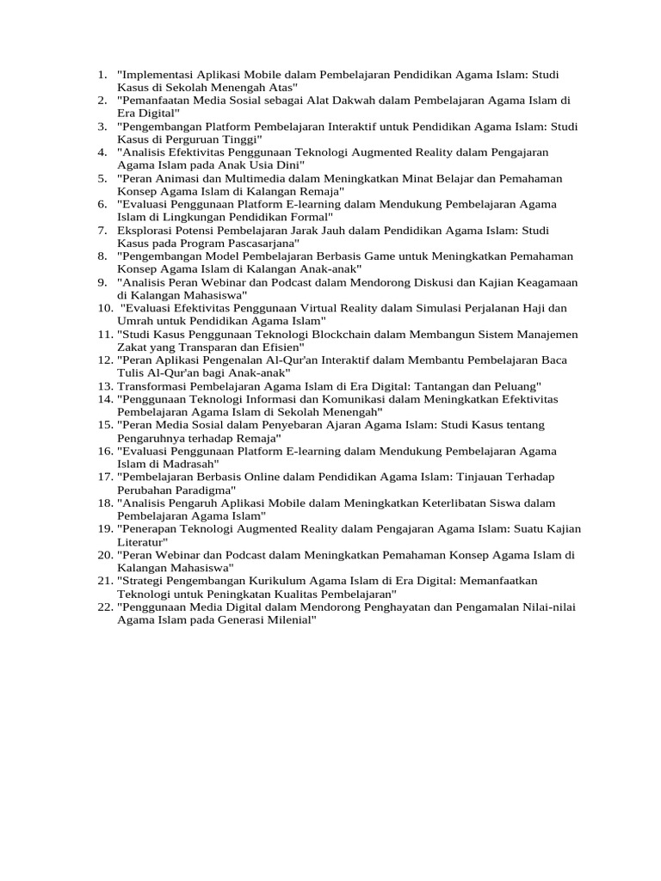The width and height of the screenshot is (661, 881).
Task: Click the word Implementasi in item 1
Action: (x=158, y=75)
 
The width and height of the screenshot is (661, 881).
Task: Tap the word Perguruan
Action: (x=197, y=139)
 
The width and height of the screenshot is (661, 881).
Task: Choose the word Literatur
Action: (x=142, y=543)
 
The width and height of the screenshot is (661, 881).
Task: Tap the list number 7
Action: (x=103, y=231)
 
